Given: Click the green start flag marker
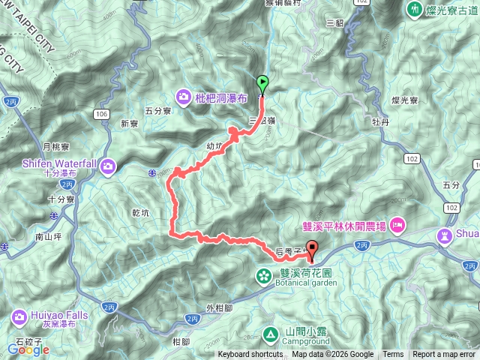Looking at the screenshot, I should point(262,84).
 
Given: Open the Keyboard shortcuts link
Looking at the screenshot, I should point(250,355).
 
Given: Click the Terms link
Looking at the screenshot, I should point(393,355).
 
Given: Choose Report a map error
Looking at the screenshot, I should point(444,355).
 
